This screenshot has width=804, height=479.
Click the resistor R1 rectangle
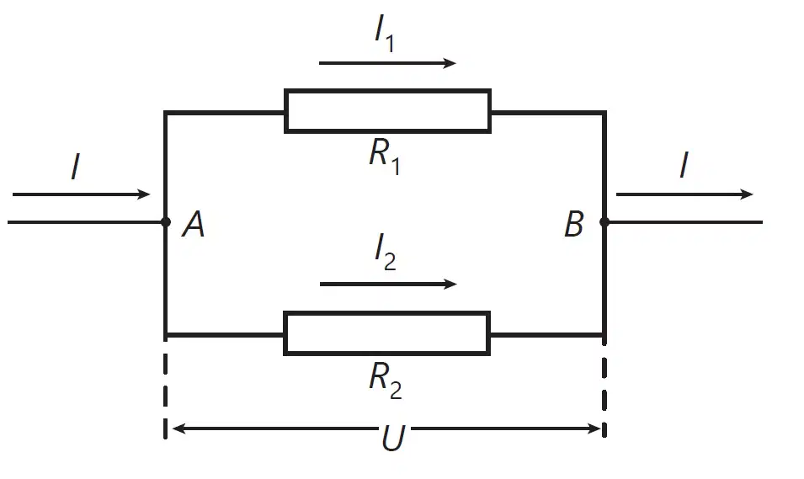tap(387, 90)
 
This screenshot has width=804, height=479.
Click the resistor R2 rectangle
tap(387, 312)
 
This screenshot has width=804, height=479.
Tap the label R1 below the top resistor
tap(385, 157)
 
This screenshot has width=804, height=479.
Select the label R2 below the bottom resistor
tap(385, 380)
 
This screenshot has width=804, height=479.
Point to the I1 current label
tap(385, 35)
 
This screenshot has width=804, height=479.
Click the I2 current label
tap(385, 253)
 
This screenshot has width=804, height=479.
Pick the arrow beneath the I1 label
tap(387, 63)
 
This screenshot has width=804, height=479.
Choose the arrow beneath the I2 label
tap(388, 285)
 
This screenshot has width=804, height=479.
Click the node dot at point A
tap(166, 222)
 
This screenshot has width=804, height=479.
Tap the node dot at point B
tap(604, 222)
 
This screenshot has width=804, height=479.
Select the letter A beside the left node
tap(194, 225)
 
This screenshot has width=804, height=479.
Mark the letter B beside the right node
tap(574, 224)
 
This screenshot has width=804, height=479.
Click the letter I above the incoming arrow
tap(76, 166)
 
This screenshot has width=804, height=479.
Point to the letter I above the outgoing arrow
tap(684, 165)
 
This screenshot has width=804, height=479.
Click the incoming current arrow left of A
tap(81, 194)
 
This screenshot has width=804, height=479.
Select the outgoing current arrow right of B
tap(684, 194)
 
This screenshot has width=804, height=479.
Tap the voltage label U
tap(393, 438)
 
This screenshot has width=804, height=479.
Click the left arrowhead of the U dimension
tap(178, 428)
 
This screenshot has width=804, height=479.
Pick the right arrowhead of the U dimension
tap(594, 428)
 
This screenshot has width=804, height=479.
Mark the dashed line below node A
tap(165, 386)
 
